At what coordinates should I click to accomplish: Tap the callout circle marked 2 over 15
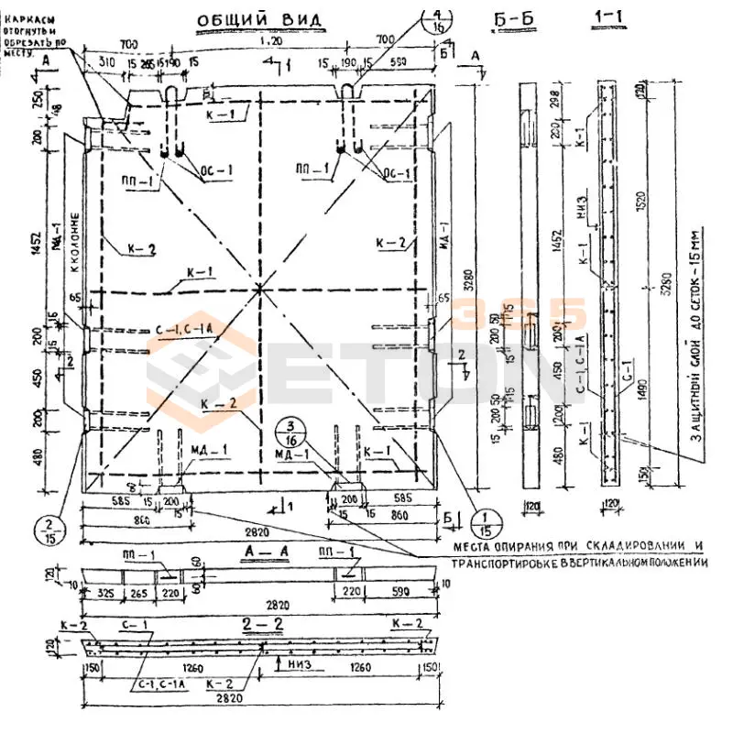47,530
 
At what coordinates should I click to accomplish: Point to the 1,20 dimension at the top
271,42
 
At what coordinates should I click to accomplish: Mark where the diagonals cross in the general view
260,290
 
